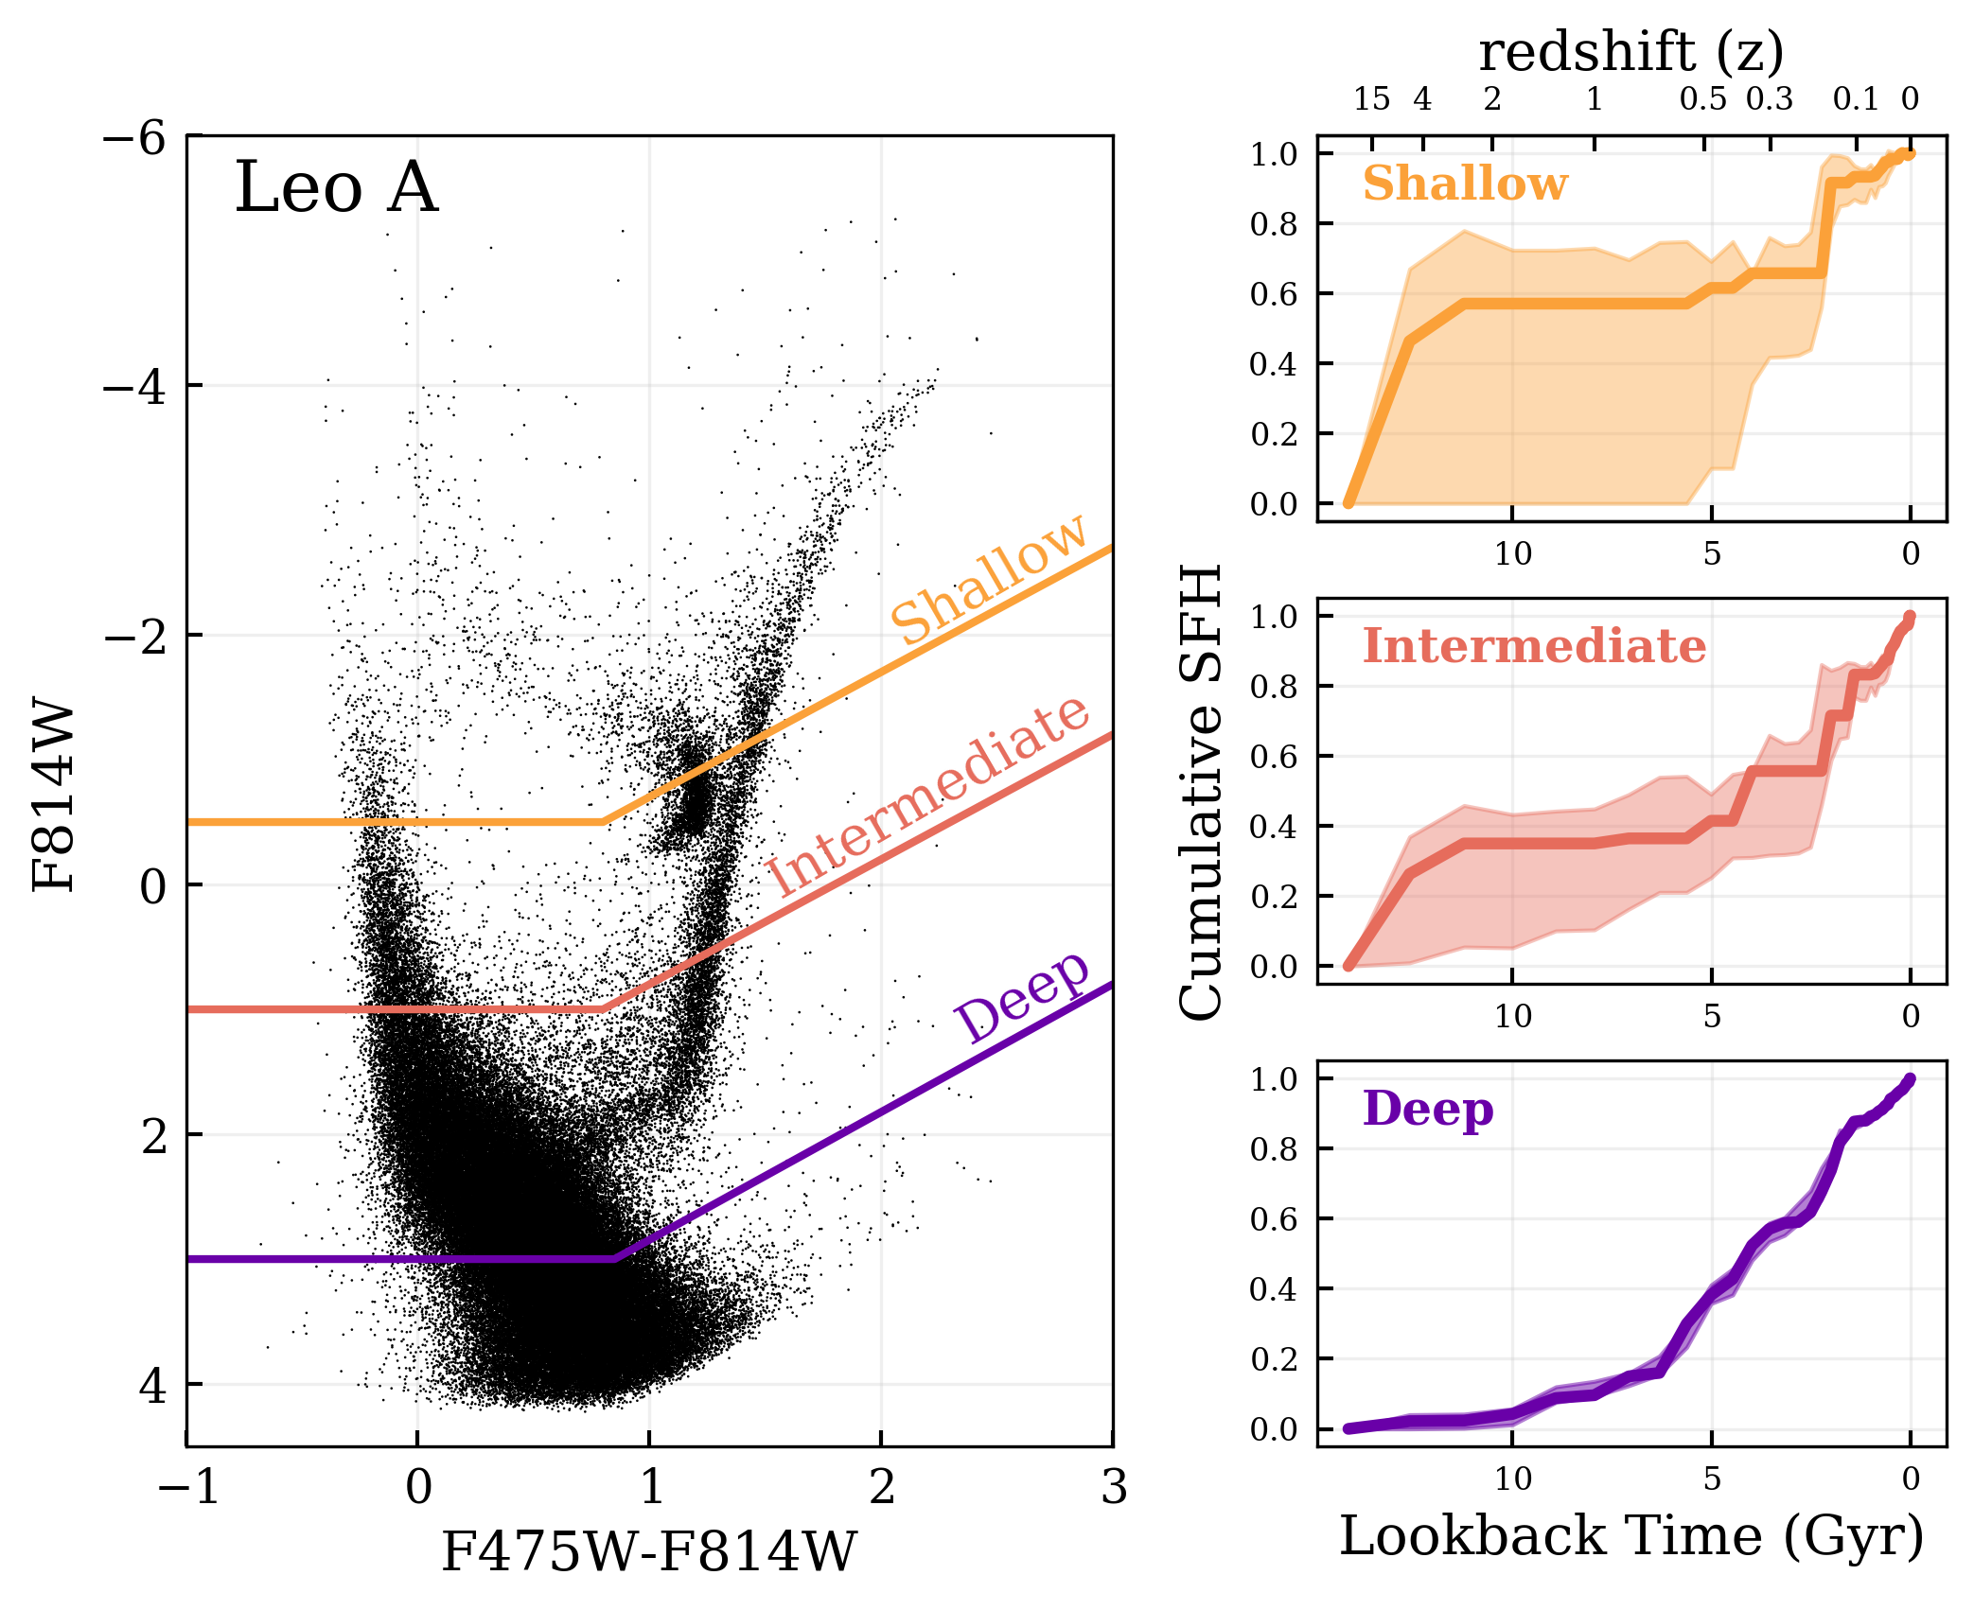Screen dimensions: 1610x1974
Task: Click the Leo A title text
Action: [336, 187]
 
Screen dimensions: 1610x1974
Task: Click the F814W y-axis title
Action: [53, 795]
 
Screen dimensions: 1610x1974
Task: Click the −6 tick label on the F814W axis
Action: [134, 138]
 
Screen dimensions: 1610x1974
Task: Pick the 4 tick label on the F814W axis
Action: [151, 1386]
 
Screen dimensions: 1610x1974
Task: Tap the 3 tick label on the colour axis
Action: [1114, 1487]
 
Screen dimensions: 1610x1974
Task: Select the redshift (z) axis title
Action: [1631, 51]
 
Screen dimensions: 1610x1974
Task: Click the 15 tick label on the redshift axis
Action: [1371, 99]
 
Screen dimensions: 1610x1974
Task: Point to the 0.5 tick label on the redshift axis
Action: [1702, 99]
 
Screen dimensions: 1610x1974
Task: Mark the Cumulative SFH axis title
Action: [1202, 793]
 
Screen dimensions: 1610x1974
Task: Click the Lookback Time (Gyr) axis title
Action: [1631, 1536]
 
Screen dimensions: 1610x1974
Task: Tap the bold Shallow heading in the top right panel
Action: [1465, 184]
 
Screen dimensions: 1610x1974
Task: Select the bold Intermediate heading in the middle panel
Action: [1534, 647]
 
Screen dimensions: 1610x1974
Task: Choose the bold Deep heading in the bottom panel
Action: [1428, 1109]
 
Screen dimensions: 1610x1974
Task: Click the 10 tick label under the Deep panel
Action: [1512, 1479]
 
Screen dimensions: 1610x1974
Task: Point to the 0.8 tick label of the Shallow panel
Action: [1274, 225]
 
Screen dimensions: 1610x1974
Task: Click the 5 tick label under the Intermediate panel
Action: [1712, 1017]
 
